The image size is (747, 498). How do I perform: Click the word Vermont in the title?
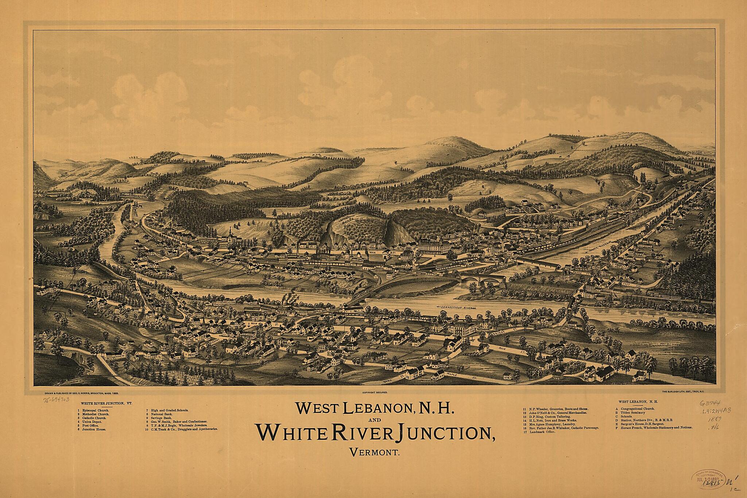[375, 454]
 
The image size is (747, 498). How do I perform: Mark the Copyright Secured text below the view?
[375, 391]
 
